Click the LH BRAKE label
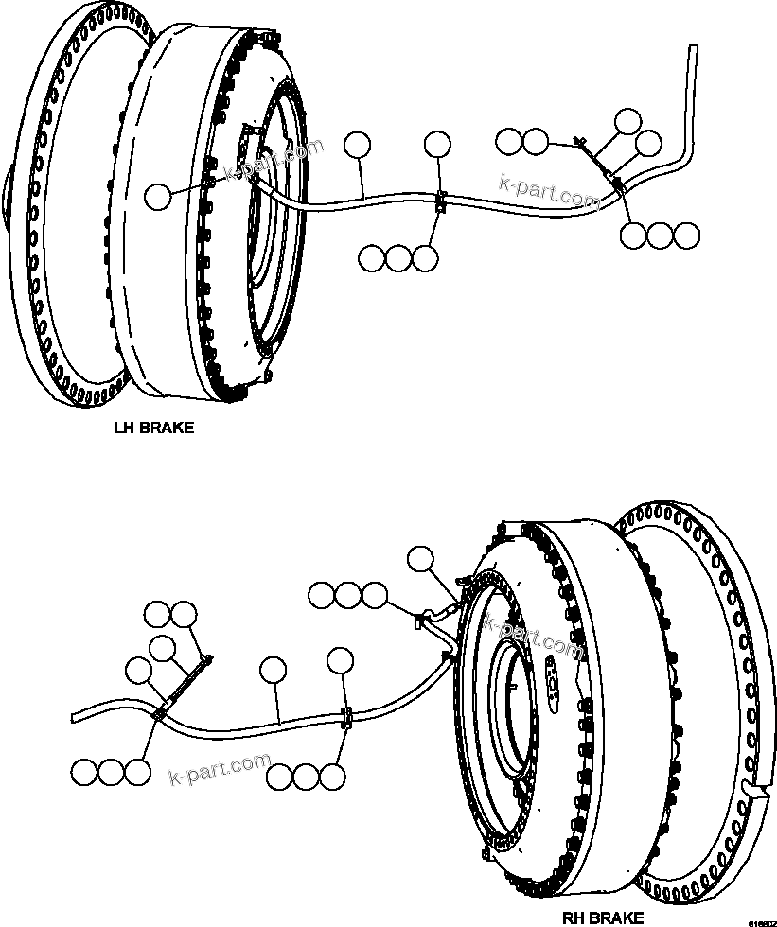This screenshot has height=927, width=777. pos(153,428)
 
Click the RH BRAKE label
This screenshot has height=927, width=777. pos(603,917)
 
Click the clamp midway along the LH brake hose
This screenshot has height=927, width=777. pos(440,201)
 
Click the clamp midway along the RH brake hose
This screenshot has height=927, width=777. pos(346,718)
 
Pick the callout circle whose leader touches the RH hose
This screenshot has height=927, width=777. pos(274,670)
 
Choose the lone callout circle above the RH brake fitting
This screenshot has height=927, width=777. pos(419,559)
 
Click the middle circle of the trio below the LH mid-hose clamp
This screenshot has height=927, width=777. pos(399,257)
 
